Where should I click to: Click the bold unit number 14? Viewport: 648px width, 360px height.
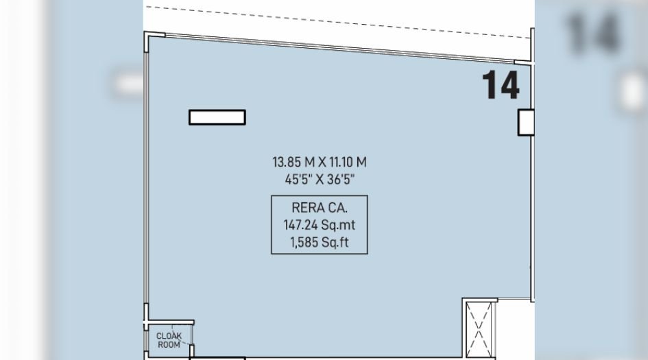tap(501, 85)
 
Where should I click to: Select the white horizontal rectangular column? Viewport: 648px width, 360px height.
tap(217, 117)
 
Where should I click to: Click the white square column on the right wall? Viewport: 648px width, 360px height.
tap(525, 122)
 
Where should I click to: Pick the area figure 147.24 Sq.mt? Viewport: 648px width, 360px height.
tap(319, 225)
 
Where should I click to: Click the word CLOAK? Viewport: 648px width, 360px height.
tap(169, 336)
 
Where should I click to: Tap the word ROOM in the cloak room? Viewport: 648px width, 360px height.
tap(169, 344)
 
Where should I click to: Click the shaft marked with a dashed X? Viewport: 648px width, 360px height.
tap(479, 328)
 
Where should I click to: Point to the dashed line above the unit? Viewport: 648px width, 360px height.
tap(336, 17)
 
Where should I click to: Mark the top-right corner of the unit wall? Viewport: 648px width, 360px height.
tap(532, 63)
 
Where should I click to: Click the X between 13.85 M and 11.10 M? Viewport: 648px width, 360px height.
tap(320, 163)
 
